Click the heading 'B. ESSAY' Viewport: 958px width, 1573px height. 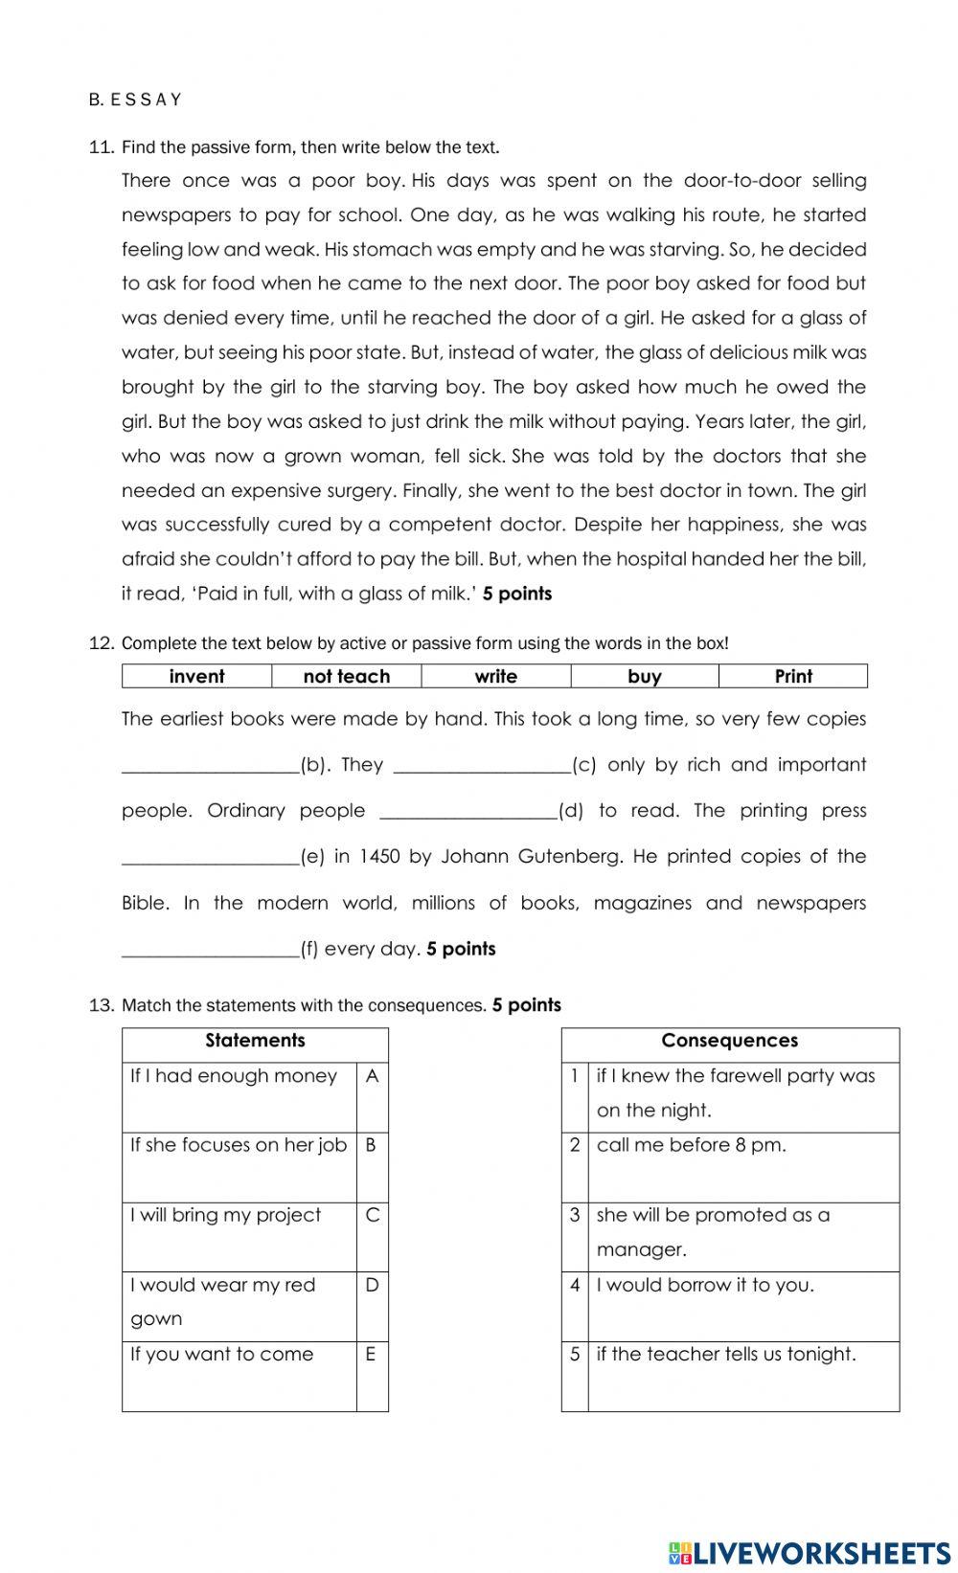[x=134, y=100]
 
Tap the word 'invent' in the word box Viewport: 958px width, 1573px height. [x=196, y=677]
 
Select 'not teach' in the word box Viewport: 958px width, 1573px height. [x=346, y=677]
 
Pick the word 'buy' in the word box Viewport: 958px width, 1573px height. [x=644, y=677]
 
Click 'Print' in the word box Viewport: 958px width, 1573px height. [x=793, y=677]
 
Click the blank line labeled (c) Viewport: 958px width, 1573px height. [x=482, y=766]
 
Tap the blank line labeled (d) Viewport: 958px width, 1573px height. [x=468, y=812]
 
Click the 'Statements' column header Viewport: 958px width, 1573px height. [x=255, y=1041]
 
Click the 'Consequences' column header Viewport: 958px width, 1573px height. [x=729, y=1041]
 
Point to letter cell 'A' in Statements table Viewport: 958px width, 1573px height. [x=372, y=1076]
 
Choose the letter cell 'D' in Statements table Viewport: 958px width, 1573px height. [x=372, y=1285]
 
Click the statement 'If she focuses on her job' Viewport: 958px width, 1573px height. [x=239, y=1145]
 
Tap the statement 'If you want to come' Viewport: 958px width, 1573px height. [x=222, y=1354]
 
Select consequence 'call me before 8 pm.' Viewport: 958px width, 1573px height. [x=691, y=1145]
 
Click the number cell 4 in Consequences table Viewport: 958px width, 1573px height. [x=575, y=1286]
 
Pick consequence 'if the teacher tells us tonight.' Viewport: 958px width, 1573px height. [x=726, y=1354]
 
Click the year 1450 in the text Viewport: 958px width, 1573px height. [x=379, y=858]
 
